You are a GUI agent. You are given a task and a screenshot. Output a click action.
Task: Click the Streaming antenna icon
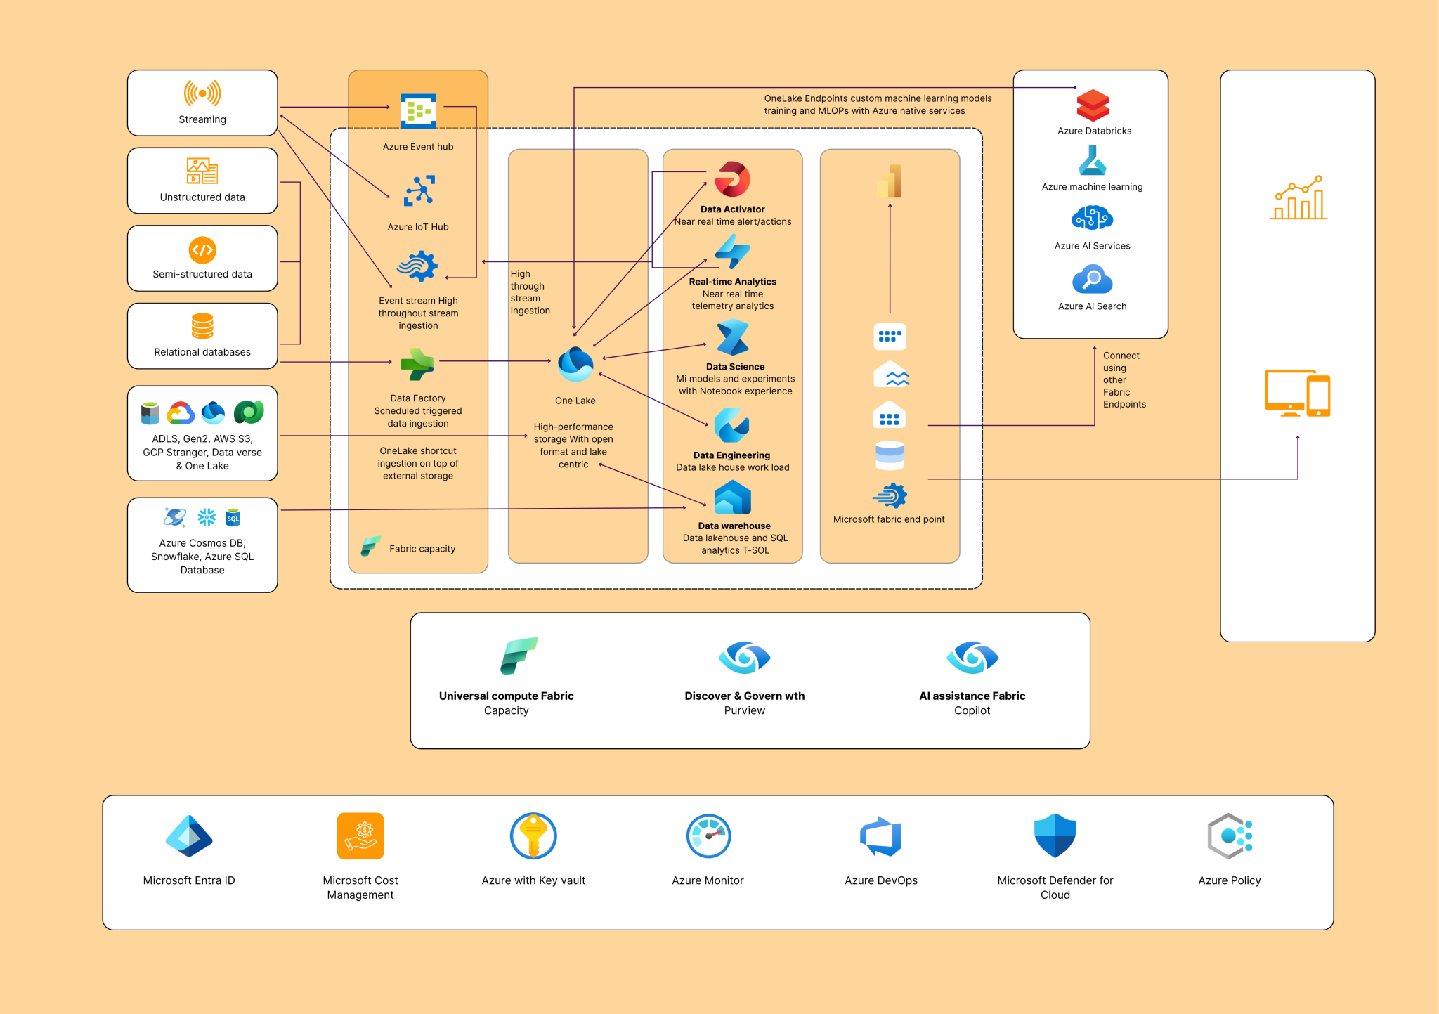(202, 93)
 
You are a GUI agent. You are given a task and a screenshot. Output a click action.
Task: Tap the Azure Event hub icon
(418, 111)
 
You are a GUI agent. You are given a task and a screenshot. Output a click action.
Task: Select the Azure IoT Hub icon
(419, 190)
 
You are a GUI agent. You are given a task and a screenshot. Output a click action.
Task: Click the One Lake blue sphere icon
(575, 364)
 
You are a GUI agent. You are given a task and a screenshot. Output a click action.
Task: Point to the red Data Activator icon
(732, 179)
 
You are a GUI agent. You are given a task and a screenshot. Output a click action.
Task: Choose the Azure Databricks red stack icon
(1093, 105)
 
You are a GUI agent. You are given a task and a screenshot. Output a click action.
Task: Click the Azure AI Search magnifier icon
(1092, 280)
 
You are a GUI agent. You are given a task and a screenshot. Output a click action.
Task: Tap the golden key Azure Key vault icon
(533, 836)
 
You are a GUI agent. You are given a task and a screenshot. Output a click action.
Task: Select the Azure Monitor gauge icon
(708, 836)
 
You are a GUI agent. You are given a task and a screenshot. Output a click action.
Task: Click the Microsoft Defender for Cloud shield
(1055, 836)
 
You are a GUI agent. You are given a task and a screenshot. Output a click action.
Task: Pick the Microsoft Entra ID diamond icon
(189, 836)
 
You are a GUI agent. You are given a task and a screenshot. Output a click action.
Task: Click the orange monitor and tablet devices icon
(1297, 393)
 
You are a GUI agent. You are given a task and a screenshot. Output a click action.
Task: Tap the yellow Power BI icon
(890, 181)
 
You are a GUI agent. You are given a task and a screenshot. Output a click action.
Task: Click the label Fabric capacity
(422, 549)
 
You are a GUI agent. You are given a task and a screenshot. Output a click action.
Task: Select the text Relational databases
(202, 352)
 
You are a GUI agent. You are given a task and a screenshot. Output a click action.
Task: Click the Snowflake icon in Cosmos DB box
(207, 518)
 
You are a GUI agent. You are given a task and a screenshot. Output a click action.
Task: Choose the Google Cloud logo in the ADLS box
(181, 412)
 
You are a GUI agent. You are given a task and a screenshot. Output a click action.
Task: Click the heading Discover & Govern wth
(744, 696)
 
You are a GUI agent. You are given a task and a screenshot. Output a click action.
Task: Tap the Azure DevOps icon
(881, 836)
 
